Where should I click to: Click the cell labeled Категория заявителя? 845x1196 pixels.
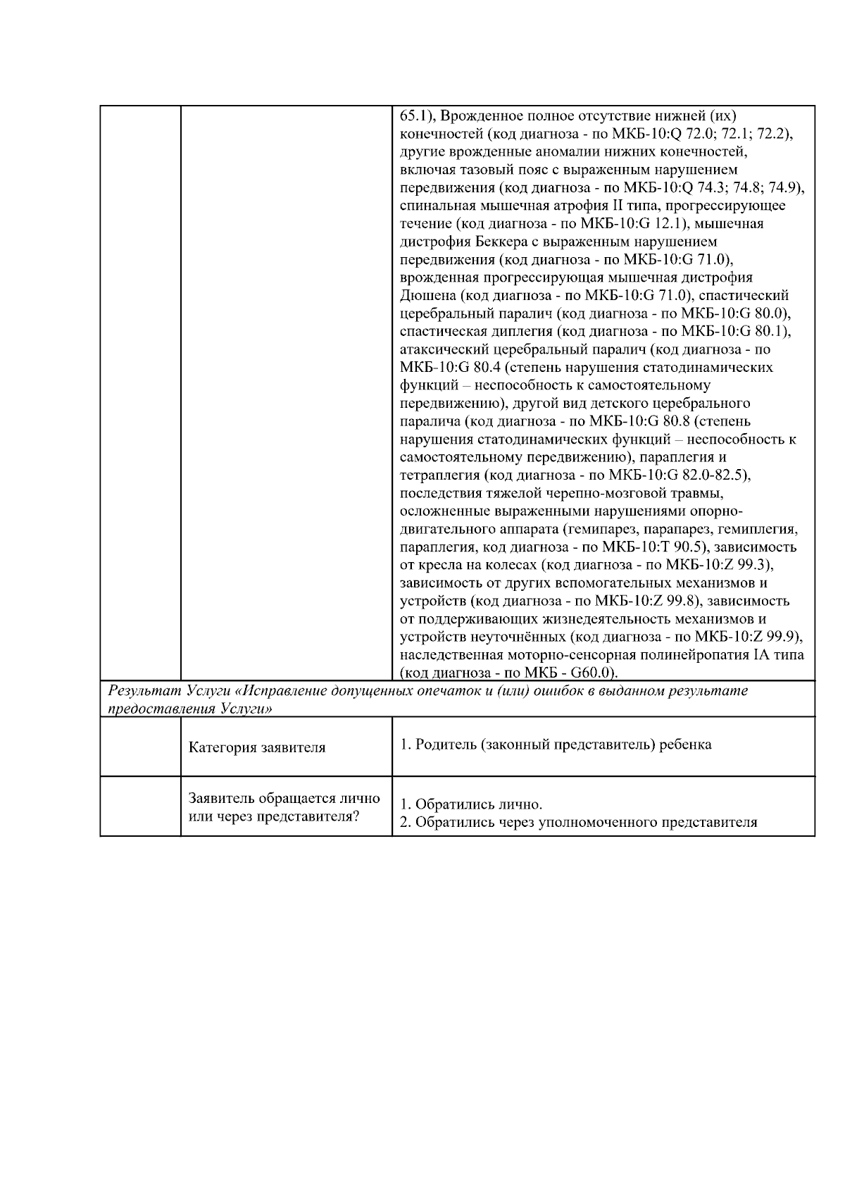(x=257, y=747)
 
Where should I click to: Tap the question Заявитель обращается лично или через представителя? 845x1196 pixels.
(x=284, y=807)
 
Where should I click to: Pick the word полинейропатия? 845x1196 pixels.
(x=682, y=654)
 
